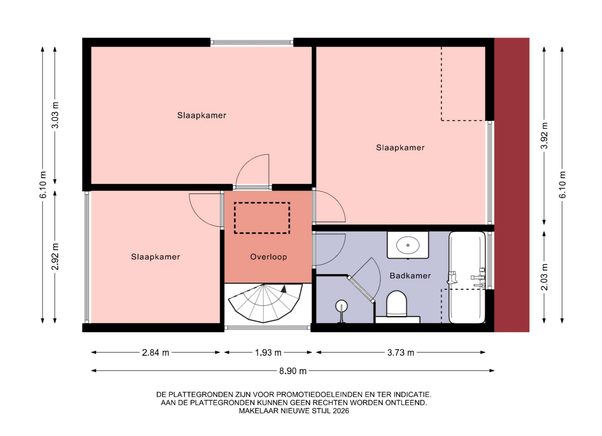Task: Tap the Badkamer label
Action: click(x=410, y=276)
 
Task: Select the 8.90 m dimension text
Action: click(x=293, y=371)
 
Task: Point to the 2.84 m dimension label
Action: click(x=156, y=353)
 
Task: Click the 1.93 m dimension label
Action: click(x=268, y=353)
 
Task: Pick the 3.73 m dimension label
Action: click(x=401, y=353)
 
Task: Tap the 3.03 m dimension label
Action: click(x=55, y=115)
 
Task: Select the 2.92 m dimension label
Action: click(x=55, y=256)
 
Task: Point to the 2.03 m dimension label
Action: click(x=544, y=277)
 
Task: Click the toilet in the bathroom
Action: click(x=397, y=307)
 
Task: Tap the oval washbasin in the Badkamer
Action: click(x=408, y=245)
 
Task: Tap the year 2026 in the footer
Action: click(x=341, y=411)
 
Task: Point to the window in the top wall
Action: click(x=252, y=42)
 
